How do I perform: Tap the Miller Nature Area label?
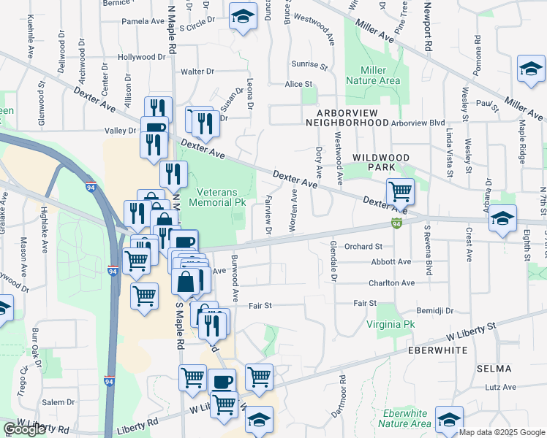[380, 75]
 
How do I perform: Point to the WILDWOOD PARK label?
[381, 162]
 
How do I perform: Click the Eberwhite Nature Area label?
[407, 418]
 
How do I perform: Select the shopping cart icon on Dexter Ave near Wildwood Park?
[400, 191]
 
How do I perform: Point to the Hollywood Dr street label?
[142, 57]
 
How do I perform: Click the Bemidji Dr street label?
[435, 310]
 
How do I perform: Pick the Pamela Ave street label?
[142, 21]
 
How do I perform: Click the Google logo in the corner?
[24, 429]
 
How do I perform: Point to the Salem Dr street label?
[59, 402]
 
